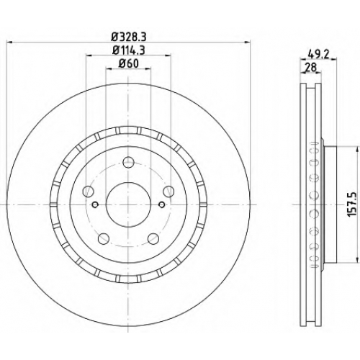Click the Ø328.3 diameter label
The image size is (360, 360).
click(x=129, y=37)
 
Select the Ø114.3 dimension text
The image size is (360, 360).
click(x=129, y=50)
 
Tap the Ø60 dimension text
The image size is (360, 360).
click(x=129, y=63)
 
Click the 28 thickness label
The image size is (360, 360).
click(x=310, y=68)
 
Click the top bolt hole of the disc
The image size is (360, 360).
click(x=128, y=162)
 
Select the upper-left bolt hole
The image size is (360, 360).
click(x=88, y=192)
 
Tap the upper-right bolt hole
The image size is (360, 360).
click(x=168, y=192)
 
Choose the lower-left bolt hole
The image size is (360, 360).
click(x=104, y=238)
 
